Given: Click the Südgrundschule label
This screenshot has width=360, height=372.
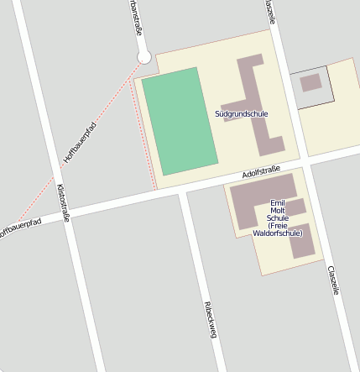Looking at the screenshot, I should (x=242, y=113).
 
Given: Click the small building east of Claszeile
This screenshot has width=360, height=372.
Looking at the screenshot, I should (x=310, y=82).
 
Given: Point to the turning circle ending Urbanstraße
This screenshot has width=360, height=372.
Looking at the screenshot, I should (x=143, y=57).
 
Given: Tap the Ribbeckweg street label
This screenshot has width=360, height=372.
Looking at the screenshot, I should (x=211, y=319).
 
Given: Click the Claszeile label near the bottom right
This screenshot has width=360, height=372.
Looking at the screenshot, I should (x=334, y=280).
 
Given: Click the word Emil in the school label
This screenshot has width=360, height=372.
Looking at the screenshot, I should (x=278, y=203).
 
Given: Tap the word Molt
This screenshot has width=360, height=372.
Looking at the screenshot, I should (x=278, y=211).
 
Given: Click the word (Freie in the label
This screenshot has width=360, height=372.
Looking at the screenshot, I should (x=278, y=226).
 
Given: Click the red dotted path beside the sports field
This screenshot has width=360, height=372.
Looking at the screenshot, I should (x=145, y=134).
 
